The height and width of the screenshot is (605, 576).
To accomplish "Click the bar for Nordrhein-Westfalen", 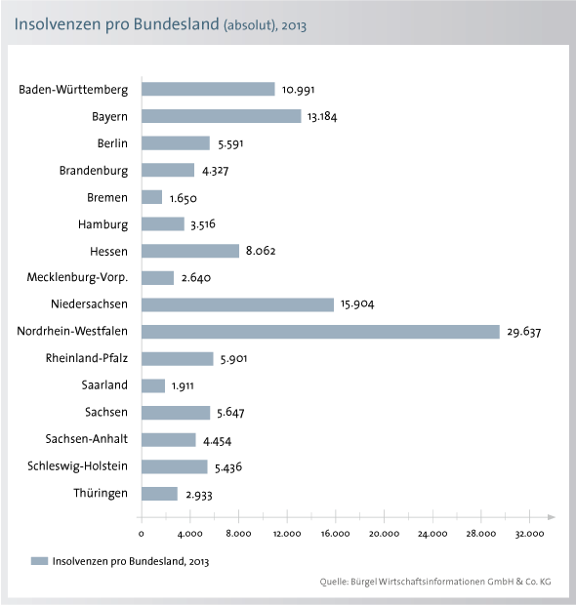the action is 320,332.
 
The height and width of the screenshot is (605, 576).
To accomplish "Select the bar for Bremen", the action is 151,197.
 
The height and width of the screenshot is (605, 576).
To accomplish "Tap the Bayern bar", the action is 222,116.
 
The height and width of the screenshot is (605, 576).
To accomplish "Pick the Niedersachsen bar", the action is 237,304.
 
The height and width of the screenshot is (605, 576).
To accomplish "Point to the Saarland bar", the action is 153,385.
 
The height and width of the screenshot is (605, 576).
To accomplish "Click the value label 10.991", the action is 298,90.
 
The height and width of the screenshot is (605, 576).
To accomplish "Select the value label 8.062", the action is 261,251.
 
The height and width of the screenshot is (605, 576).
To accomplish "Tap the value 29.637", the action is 524,332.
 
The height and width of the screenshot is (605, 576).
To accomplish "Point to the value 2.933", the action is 199,495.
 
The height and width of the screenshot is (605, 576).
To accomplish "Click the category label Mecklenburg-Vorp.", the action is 77,277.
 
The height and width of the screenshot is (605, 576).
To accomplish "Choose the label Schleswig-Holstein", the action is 77,466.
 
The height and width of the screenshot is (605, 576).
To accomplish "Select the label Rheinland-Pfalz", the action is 87,358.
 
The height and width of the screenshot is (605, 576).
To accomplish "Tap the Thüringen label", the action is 101,493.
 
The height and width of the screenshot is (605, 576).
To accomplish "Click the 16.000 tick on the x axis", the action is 335,534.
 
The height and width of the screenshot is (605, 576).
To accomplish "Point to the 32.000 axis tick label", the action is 529,534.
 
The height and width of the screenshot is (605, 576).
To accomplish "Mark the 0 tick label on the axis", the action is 142,534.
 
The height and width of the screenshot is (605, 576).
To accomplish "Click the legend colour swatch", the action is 39,561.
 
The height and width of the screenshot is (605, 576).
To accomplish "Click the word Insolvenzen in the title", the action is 58,24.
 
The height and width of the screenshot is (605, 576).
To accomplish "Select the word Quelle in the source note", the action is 334,582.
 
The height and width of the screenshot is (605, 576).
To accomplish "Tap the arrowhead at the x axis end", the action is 552,517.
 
